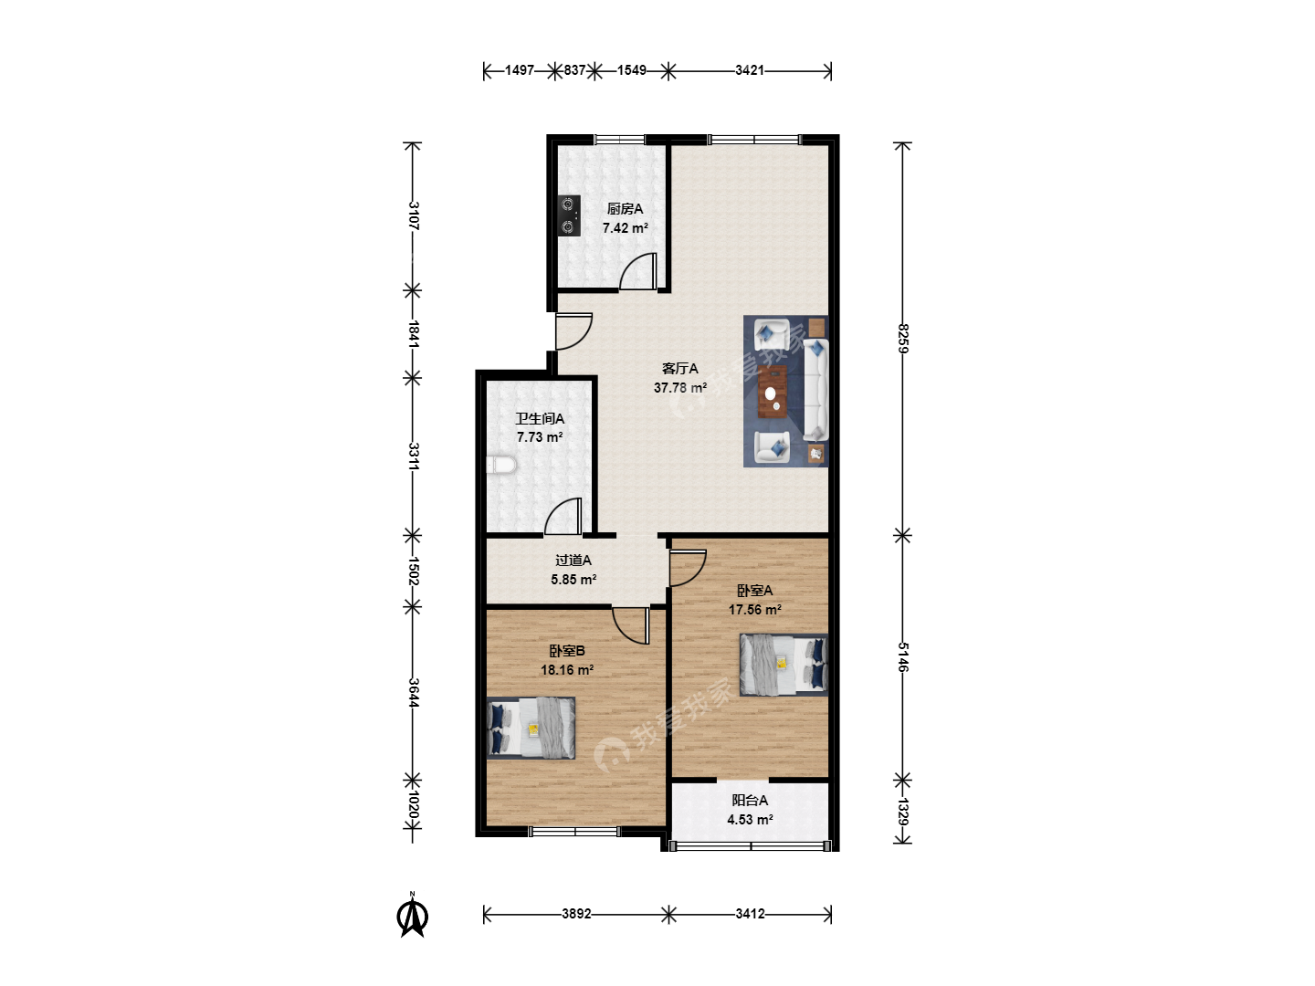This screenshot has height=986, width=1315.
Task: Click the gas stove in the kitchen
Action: pyautogui.click(x=569, y=215)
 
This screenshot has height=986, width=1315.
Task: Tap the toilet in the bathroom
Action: pyautogui.click(x=501, y=466)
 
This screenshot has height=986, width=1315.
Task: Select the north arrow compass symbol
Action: pyautogui.click(x=412, y=914)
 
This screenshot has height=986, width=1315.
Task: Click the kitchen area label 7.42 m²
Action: pyautogui.click(x=625, y=228)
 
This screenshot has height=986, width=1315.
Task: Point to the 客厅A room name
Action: pyautogui.click(x=679, y=368)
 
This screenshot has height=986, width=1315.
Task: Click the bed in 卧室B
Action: pyautogui.click(x=531, y=728)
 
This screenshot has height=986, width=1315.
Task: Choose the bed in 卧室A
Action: pyautogui.click(x=784, y=665)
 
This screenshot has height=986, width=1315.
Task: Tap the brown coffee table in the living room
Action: pyautogui.click(x=773, y=391)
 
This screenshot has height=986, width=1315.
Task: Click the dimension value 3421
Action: pyautogui.click(x=750, y=70)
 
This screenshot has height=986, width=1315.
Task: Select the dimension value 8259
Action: pyautogui.click(x=903, y=338)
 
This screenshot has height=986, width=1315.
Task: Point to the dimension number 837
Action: pyautogui.click(x=574, y=70)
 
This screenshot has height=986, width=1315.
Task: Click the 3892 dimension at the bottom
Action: pyautogui.click(x=576, y=914)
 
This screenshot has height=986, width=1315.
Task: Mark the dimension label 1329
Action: pyautogui.click(x=903, y=812)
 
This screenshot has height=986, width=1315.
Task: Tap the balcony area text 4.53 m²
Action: pyautogui.click(x=750, y=820)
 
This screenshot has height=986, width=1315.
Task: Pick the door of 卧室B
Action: pyautogui.click(x=631, y=626)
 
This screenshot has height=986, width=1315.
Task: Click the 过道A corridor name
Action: pyautogui.click(x=573, y=561)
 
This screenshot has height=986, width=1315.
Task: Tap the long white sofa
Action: pyautogui.click(x=815, y=391)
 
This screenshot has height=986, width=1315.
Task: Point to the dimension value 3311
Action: pyautogui.click(x=413, y=456)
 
